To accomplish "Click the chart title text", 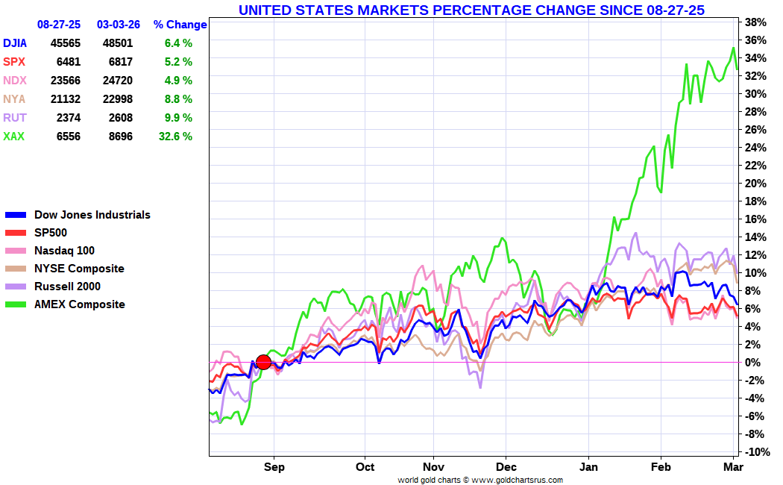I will [471, 10].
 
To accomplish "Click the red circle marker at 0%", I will [263, 363].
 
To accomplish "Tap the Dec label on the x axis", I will [506, 467].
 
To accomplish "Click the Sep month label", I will [274, 467].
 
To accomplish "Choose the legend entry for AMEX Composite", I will [79, 304].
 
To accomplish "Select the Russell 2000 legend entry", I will [67, 287].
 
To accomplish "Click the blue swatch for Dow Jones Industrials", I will [16, 215].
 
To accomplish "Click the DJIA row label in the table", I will [16, 43].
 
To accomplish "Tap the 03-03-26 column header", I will [119, 25].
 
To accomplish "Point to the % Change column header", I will [180, 25].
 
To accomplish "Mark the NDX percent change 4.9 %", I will [178, 81].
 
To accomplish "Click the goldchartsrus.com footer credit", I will [480, 480].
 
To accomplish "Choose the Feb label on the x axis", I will [661, 467].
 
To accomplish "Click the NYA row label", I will [14, 99].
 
